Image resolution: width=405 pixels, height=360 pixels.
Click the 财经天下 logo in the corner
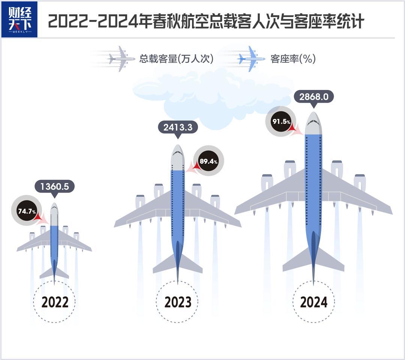click(x=19, y=19)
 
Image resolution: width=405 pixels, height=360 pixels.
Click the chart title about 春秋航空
click(x=206, y=21)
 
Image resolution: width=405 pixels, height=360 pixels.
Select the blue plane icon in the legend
click(x=251, y=59)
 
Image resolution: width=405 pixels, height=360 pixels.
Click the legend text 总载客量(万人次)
click(x=176, y=59)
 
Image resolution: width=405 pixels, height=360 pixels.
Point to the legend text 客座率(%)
click(x=293, y=59)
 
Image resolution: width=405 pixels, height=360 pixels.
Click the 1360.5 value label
click(x=54, y=186)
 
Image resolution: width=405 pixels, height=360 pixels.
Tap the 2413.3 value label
click(x=178, y=127)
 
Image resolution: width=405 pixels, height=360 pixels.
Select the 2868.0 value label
click(x=314, y=97)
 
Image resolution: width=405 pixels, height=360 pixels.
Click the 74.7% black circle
click(x=27, y=211)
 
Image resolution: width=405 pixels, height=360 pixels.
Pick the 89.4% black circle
click(x=208, y=161)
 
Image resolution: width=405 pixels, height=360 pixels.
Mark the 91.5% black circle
click(x=281, y=121)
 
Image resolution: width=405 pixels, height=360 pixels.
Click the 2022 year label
click(x=55, y=302)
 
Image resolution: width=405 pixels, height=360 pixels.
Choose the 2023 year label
click(x=178, y=302)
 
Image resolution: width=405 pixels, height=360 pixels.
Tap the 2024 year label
click(x=313, y=302)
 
